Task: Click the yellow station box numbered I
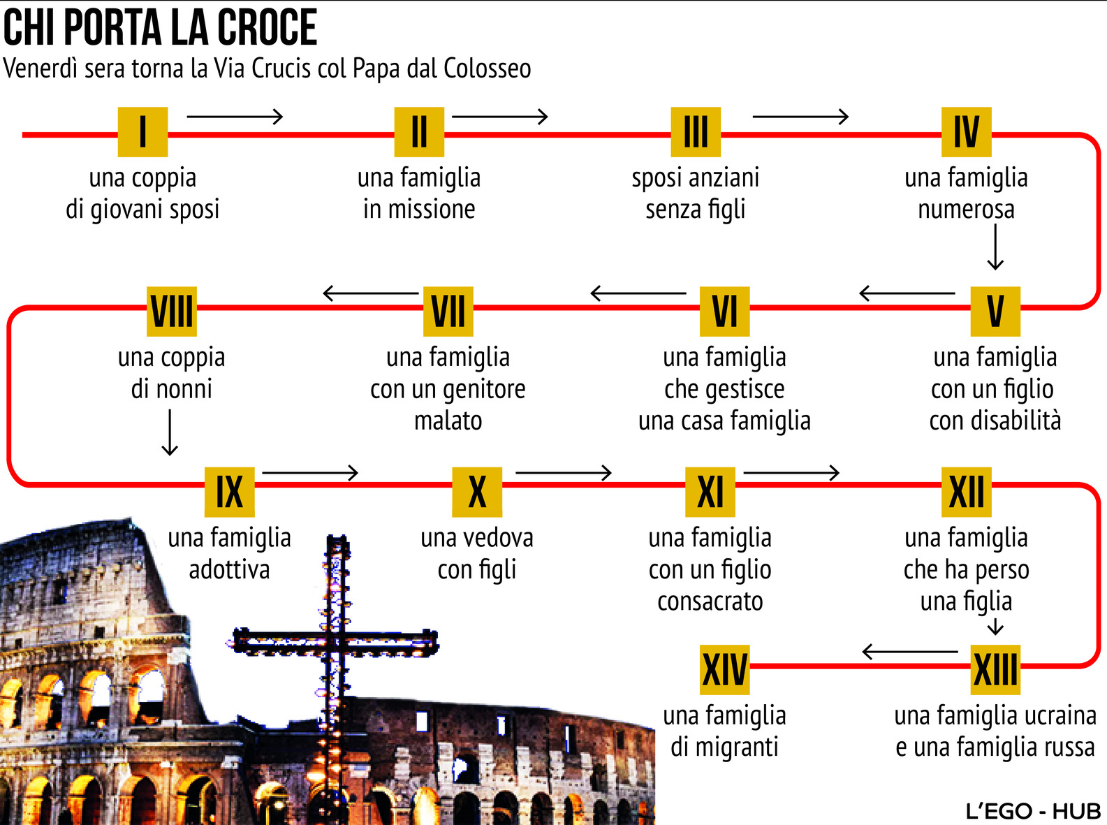(x=142, y=131)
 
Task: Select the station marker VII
(x=448, y=312)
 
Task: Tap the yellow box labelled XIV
(x=724, y=669)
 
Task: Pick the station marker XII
(x=966, y=491)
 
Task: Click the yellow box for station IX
(x=229, y=491)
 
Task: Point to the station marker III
(x=695, y=131)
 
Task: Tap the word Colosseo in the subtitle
(x=487, y=68)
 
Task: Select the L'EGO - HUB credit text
(x=1033, y=811)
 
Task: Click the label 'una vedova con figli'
(x=477, y=553)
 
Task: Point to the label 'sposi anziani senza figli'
(x=695, y=193)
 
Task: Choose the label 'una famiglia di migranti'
(x=724, y=731)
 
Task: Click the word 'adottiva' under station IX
(x=229, y=569)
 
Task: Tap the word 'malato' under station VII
(x=448, y=421)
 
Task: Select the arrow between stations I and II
(x=235, y=116)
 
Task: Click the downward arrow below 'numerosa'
(x=995, y=247)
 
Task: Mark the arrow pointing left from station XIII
(x=909, y=652)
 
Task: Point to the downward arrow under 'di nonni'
(x=170, y=432)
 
